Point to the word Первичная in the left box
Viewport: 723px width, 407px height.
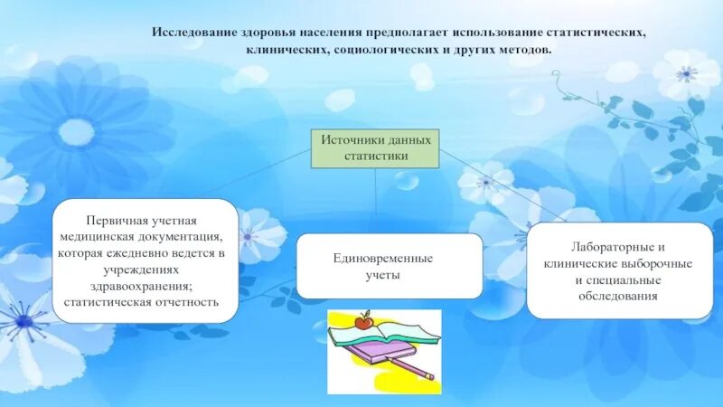pos(115,221)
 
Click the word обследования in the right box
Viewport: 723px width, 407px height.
pos(620,295)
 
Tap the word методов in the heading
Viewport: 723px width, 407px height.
pos(521,49)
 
